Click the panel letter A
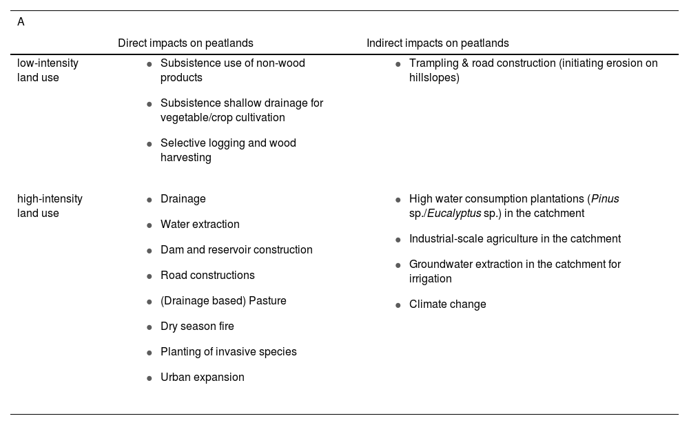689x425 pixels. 21,22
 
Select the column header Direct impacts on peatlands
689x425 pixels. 185,43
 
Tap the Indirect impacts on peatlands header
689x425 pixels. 438,43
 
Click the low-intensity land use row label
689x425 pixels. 48,70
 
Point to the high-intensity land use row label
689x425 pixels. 50,206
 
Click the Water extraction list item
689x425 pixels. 200,225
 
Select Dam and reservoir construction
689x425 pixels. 236,250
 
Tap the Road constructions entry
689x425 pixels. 207,276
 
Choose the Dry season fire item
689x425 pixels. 197,326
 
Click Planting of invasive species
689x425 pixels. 228,352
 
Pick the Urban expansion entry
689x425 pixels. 202,377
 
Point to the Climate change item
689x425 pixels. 447,304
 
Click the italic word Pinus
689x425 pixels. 605,199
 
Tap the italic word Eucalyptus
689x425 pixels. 454,214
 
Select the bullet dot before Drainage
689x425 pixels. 150,200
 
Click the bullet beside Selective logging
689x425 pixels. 150,144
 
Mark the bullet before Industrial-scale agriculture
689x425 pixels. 398,240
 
